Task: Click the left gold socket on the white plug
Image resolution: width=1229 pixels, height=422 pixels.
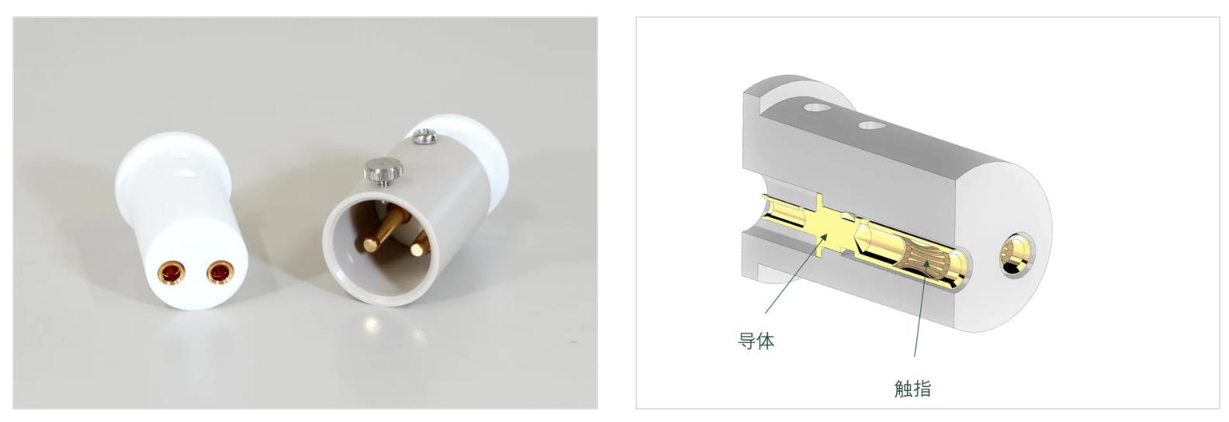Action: (x=171, y=273)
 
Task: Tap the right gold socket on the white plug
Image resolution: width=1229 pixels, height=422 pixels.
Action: (x=220, y=272)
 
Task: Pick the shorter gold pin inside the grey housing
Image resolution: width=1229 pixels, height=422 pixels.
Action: (x=420, y=245)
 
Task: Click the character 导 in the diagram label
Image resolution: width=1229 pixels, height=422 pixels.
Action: (x=746, y=341)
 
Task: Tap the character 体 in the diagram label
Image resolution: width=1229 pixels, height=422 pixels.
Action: (x=765, y=341)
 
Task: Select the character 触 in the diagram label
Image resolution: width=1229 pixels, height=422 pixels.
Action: (x=903, y=389)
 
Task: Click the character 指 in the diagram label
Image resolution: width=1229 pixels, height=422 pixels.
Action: (x=923, y=389)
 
